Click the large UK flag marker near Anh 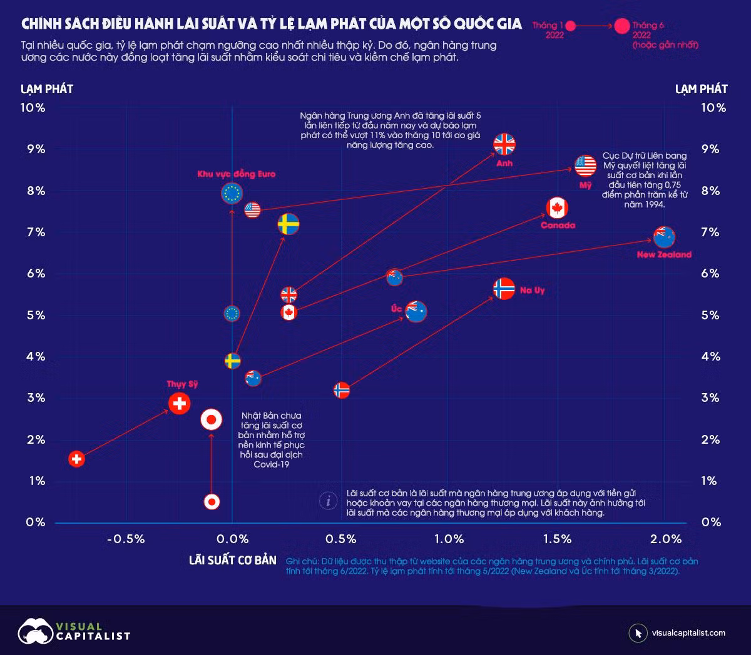coord(504,144)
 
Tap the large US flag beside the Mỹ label coord(586,166)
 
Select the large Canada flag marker coord(557,207)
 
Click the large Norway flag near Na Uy coord(504,289)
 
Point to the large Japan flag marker coord(212,420)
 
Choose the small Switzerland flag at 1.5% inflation coord(76,459)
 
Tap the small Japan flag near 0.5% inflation coord(212,501)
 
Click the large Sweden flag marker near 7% coord(289,224)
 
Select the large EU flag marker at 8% coord(232,194)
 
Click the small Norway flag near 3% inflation coord(341,391)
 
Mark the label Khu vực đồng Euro coord(236,174)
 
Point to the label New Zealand coord(664,254)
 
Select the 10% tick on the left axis coord(33,108)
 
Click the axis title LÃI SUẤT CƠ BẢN coord(232,559)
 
